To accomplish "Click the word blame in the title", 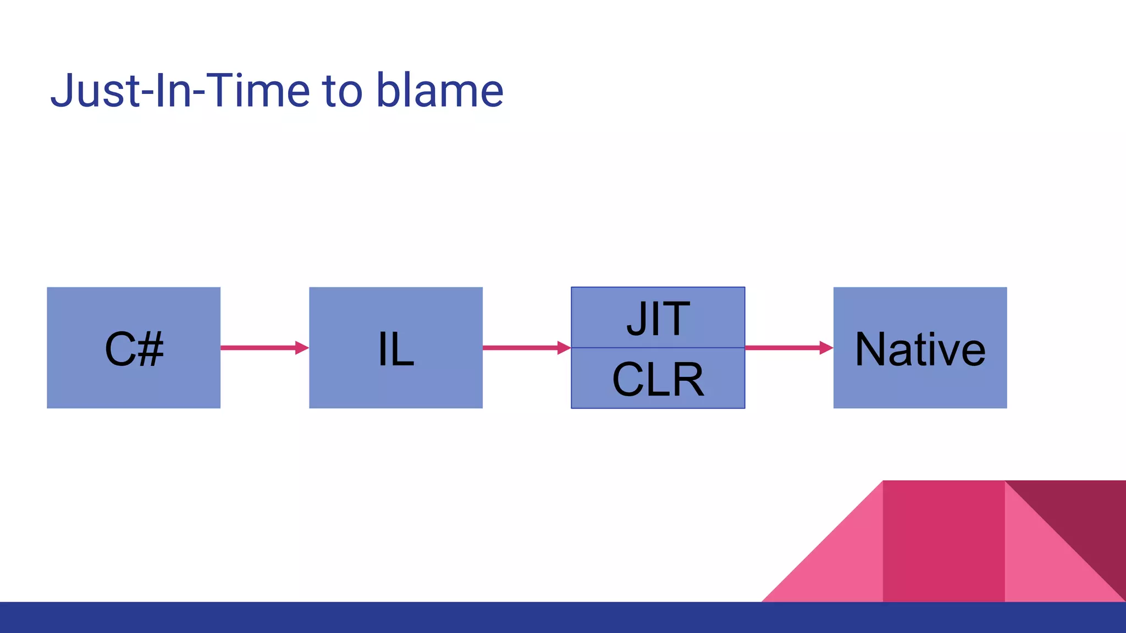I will [439, 90].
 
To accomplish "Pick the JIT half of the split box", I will [658, 318].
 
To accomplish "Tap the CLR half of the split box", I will [658, 379].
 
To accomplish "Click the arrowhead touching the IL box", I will [302, 348].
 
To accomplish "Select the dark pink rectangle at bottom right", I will [943, 541].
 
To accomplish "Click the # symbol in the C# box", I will [150, 349].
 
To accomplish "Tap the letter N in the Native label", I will [870, 349].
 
